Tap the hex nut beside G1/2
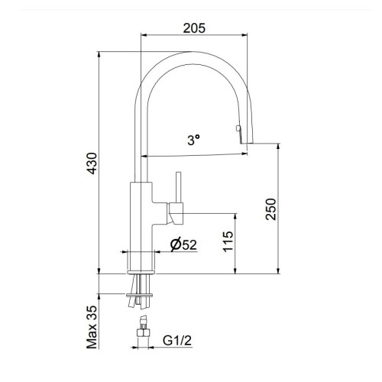(142, 333)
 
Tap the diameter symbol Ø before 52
(174, 245)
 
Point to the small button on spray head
(238, 126)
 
